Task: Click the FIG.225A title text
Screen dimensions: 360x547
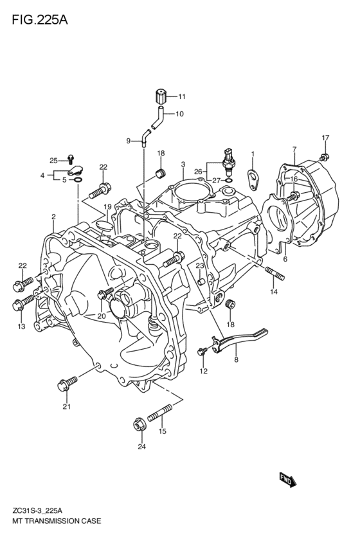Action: point(40,20)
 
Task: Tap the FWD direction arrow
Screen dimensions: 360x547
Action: point(288,480)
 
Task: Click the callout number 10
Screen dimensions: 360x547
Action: point(179,114)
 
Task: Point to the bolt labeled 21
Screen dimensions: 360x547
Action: point(67,383)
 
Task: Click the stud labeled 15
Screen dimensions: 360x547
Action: point(160,413)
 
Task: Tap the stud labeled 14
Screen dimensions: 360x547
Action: point(275,273)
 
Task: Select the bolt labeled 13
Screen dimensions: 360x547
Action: point(23,302)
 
